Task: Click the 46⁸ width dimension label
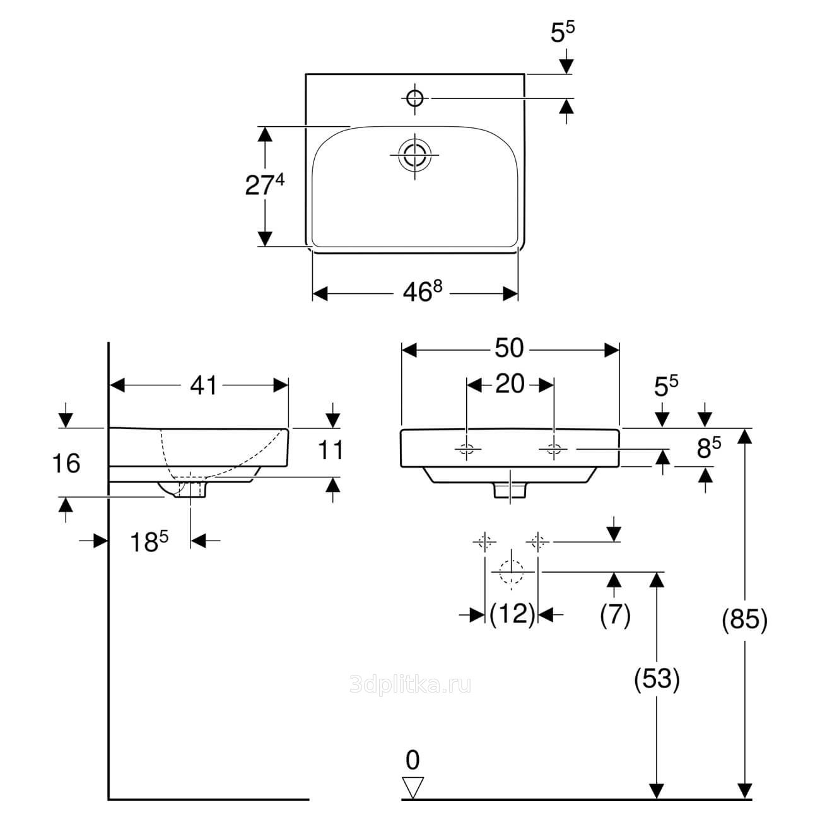click(x=422, y=291)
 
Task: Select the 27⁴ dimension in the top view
click(x=264, y=184)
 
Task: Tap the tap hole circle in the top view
click(x=415, y=98)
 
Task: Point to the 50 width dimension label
click(x=509, y=348)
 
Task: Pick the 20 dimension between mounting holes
click(x=510, y=384)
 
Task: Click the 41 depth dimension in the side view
click(x=203, y=385)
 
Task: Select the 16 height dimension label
click(x=66, y=463)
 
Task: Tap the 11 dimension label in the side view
click(x=331, y=450)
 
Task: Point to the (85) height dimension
click(x=745, y=619)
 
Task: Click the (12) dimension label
click(x=512, y=614)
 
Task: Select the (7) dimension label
click(x=616, y=614)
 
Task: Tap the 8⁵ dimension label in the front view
click(x=708, y=448)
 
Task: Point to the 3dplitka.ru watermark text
click(x=410, y=684)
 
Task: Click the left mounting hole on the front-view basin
click(x=466, y=449)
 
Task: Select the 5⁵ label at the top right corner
click(x=562, y=32)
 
